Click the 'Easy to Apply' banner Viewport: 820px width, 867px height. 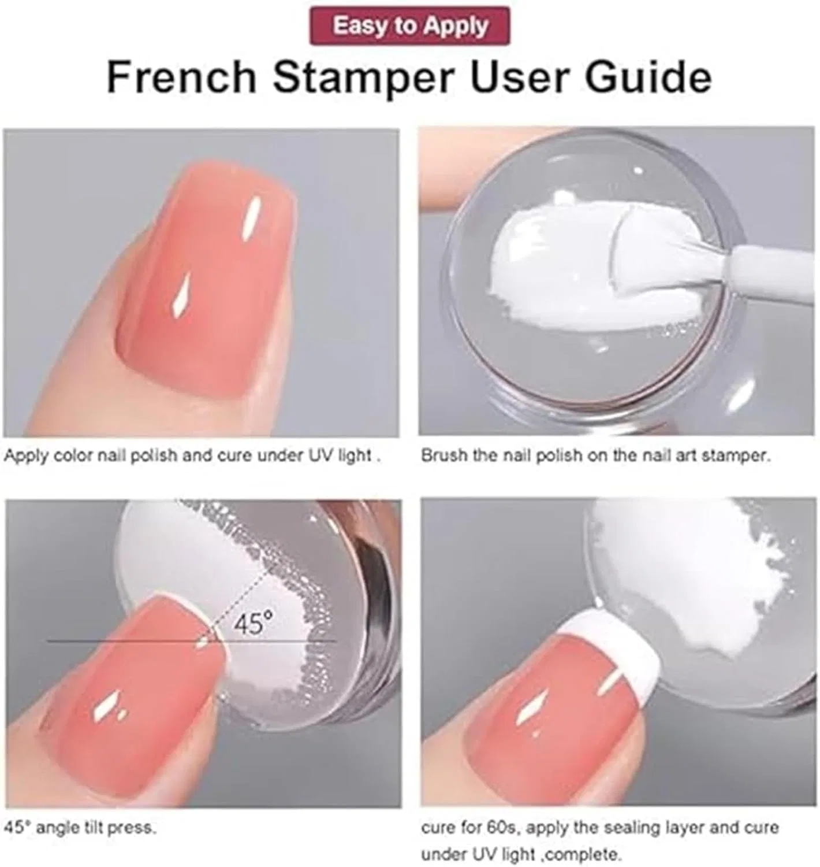pyautogui.click(x=410, y=26)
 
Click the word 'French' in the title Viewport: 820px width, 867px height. pyautogui.click(x=181, y=77)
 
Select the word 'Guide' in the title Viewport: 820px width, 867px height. pyautogui.click(x=648, y=77)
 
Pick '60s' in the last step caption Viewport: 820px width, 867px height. pyautogui.click(x=501, y=828)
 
